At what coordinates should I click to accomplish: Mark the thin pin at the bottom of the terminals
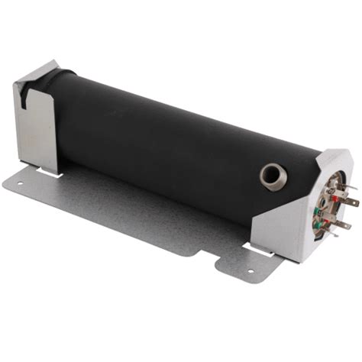point(334,235)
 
